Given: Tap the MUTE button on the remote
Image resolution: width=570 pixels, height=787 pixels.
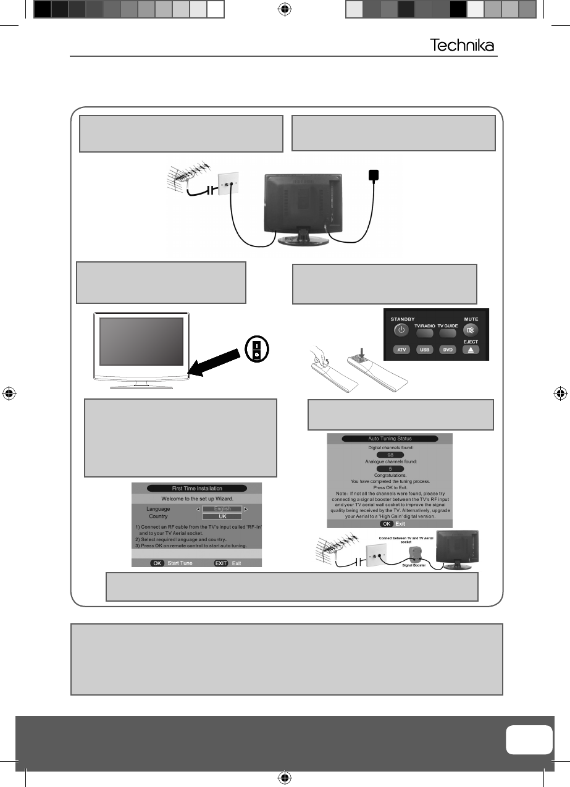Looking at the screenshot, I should (471, 330).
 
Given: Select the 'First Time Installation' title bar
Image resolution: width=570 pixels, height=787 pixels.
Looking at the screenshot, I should (196, 488).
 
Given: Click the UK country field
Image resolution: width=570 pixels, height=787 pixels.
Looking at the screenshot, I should (222, 516).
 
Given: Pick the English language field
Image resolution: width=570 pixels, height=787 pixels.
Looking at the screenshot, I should (222, 509).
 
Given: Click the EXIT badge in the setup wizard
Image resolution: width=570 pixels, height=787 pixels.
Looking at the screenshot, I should (222, 563).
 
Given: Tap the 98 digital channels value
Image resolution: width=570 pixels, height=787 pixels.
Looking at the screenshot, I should (390, 455).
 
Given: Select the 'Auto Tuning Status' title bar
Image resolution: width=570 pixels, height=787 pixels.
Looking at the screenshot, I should (390, 439).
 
